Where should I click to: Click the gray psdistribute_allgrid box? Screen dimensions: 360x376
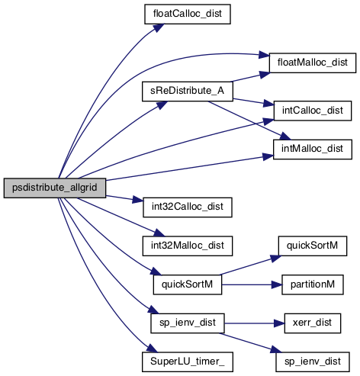pos(55,188)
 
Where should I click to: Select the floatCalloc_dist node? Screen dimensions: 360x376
pos(188,14)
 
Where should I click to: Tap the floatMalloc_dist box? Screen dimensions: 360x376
pos(313,63)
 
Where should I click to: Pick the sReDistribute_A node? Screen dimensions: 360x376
pos(188,92)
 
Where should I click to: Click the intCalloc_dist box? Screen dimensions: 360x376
pos(313,111)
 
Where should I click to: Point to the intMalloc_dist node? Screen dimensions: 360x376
pos(313,149)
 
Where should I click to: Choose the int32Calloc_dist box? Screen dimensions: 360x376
pos(188,207)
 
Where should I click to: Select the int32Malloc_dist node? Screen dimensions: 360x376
pos(188,246)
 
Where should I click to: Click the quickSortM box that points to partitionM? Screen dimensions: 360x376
pos(188,284)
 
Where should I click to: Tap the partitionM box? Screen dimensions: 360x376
pos(313,284)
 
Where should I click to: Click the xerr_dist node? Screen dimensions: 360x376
pos(313,323)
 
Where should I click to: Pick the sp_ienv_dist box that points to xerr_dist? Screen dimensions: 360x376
pos(188,323)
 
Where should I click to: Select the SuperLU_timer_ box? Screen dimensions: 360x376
pos(188,362)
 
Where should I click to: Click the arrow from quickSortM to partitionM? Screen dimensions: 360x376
pos(252,284)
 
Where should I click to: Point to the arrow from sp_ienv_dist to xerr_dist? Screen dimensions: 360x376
pos(254,323)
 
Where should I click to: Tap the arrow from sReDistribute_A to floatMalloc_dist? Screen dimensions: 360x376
pos(250,77)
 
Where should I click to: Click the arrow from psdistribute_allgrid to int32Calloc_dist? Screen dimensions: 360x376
pos(124,198)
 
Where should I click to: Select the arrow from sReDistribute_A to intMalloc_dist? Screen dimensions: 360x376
pos(249,121)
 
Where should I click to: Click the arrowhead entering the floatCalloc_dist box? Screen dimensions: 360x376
pos(158,27)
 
